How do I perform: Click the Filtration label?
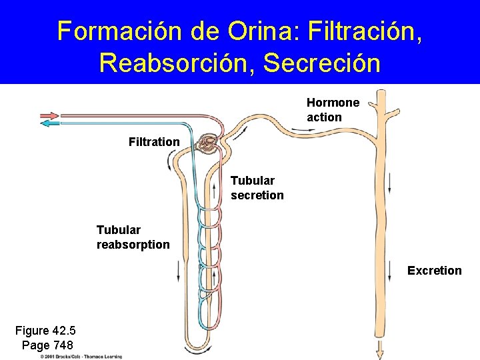pyautogui.click(x=154, y=141)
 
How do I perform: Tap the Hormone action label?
pyautogui.click(x=333, y=110)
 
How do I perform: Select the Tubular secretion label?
pyautogui.click(x=257, y=188)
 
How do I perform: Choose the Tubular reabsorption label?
pyautogui.click(x=133, y=237)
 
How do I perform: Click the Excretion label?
pyautogui.click(x=434, y=270)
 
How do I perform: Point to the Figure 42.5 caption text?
pyautogui.click(x=45, y=331)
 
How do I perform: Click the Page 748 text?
pyautogui.click(x=47, y=345)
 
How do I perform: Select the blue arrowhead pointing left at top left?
pyautogui.click(x=49, y=123)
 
